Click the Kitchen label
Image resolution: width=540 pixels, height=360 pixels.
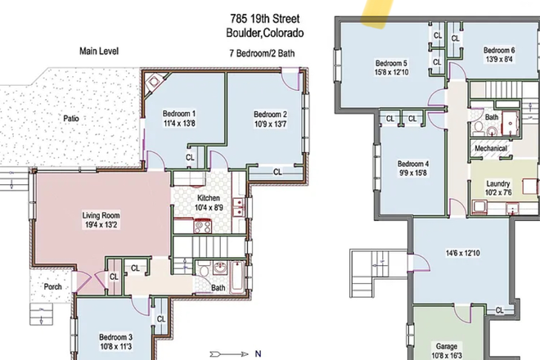point(209,199)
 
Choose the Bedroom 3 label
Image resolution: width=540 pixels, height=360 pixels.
point(115,336)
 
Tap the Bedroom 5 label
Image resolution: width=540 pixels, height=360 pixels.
point(391,63)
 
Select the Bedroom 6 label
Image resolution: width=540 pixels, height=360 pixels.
point(498,50)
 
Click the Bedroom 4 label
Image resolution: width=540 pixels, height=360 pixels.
point(413,163)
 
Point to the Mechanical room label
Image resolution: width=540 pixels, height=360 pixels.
point(491,148)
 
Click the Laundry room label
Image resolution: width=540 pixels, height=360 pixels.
point(497,183)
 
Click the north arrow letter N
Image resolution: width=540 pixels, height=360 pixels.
point(257,354)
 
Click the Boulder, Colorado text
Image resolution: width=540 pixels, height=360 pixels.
point(264,34)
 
